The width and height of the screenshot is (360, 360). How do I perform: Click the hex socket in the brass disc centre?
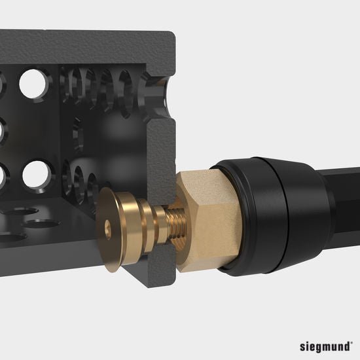point(109,227)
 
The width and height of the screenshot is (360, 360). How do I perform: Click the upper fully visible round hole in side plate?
point(31,83)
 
